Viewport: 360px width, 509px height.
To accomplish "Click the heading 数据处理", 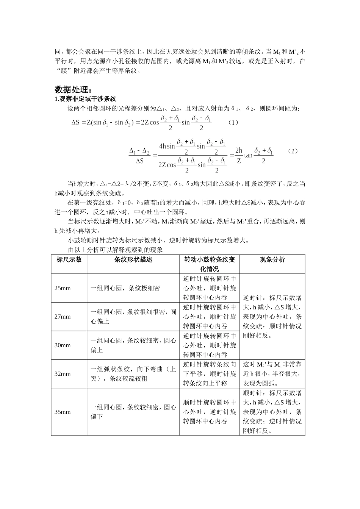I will coord(73,90).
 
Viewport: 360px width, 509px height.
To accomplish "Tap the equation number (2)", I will coord(293,151).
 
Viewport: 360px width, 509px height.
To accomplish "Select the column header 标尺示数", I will coord(69,260).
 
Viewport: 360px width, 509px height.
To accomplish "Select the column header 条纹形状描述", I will coord(133,260).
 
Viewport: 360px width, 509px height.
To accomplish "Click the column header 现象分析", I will coord(272,260).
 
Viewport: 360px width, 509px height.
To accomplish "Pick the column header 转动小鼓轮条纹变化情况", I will coord(210,264).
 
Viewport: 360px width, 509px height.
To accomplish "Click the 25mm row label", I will coord(63,288).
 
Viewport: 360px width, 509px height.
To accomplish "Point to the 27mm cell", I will coord(63,317).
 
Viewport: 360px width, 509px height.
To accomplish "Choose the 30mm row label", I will coord(63,345).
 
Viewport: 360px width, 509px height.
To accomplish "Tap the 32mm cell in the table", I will coord(63,374).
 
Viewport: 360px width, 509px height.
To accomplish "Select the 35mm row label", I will coord(63,412).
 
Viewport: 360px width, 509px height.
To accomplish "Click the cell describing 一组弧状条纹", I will coord(133,374).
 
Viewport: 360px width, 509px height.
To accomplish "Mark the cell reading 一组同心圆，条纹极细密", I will coord(125,288).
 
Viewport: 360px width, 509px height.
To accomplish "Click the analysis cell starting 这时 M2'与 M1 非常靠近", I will coord(272,374).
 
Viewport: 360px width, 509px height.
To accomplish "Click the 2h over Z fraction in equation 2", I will coord(238,155).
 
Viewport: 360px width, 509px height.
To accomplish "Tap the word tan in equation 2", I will coord(248,155).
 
